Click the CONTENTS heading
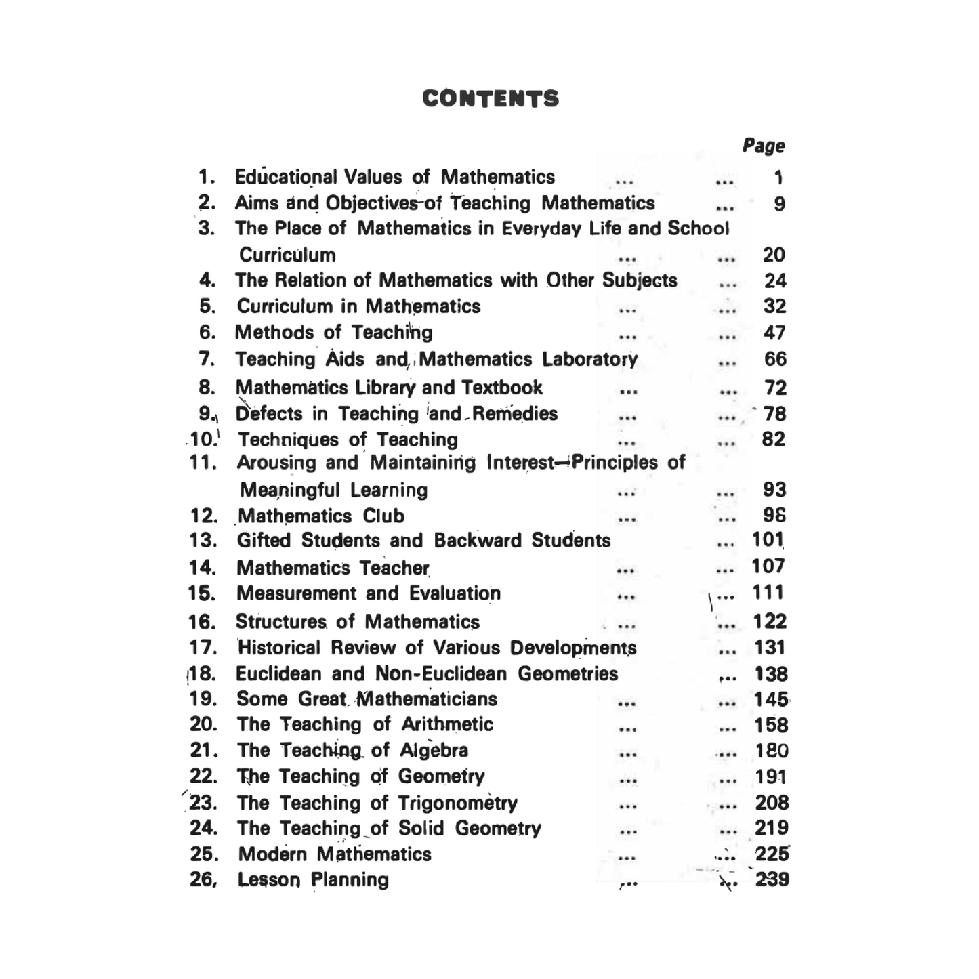point(491,99)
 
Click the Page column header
point(764,146)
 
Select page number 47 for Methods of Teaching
point(774,333)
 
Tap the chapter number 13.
point(203,541)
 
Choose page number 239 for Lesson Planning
point(772,879)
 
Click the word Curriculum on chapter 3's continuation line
point(287,255)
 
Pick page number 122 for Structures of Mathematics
point(770,621)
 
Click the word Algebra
point(434,750)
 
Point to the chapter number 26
point(203,879)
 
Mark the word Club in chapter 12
point(383,516)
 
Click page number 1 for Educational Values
point(778,178)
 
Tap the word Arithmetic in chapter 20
point(447,724)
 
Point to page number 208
point(772,803)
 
